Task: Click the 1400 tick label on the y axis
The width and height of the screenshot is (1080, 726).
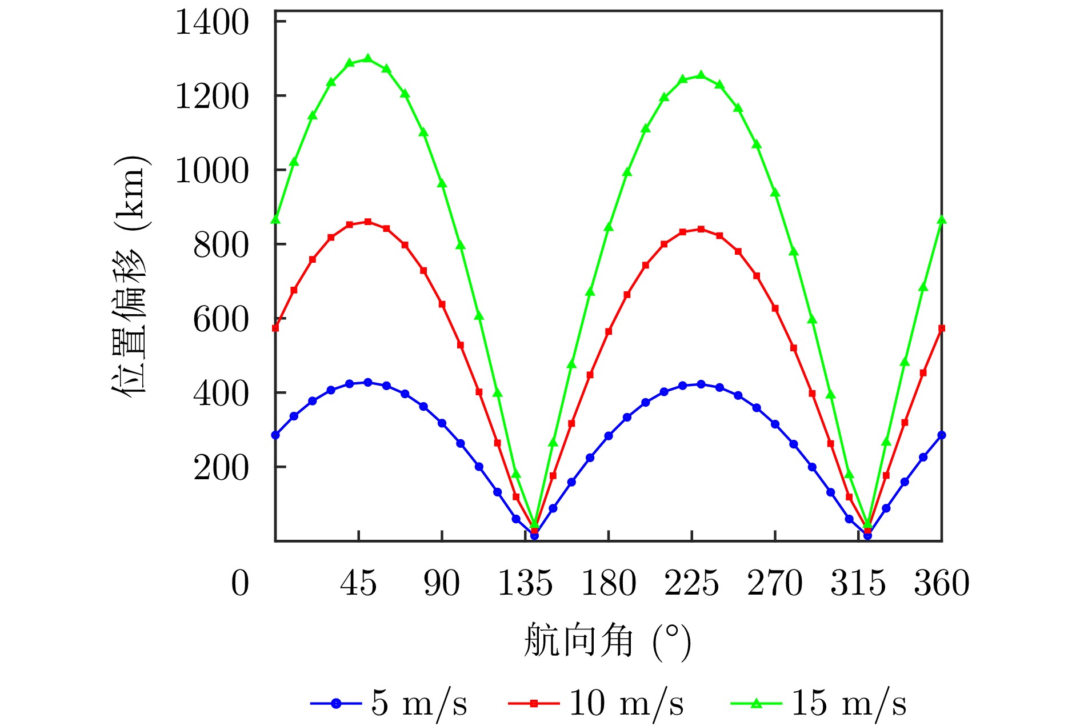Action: (x=212, y=23)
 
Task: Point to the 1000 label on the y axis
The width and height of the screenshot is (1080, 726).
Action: (x=212, y=171)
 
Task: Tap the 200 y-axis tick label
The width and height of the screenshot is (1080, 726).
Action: (x=222, y=468)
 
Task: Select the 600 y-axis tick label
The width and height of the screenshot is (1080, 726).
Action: (x=222, y=319)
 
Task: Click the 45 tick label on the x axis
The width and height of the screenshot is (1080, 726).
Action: (x=358, y=583)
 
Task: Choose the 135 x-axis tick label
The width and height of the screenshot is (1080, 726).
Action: (x=525, y=583)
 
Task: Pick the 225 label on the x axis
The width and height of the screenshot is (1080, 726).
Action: (x=691, y=583)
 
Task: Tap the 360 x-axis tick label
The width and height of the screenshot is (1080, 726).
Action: (x=942, y=583)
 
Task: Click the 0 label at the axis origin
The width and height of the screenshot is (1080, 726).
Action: (x=240, y=583)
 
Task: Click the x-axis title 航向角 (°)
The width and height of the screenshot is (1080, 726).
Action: (x=607, y=641)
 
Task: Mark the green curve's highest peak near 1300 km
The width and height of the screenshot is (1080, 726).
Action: (x=367, y=59)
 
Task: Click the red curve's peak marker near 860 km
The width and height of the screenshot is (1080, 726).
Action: (x=367, y=222)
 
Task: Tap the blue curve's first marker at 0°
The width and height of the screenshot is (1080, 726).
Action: (x=275, y=435)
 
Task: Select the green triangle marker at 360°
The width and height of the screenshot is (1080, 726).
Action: (x=942, y=220)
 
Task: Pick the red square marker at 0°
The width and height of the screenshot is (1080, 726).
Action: (x=275, y=328)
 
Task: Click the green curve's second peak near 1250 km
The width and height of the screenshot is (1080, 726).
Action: (x=701, y=75)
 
